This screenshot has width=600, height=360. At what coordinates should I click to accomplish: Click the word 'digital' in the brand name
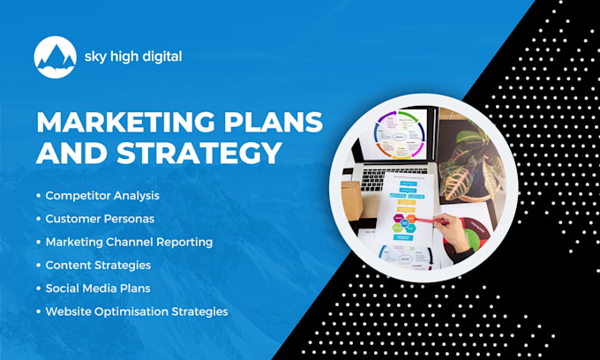[160, 57]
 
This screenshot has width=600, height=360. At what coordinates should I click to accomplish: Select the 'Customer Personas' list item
[99, 218]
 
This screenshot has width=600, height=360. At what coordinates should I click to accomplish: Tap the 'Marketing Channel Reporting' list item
[130, 242]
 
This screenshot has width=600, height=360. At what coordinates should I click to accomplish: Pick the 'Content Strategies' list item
[98, 265]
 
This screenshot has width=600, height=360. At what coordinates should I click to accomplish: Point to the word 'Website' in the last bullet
[68, 311]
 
